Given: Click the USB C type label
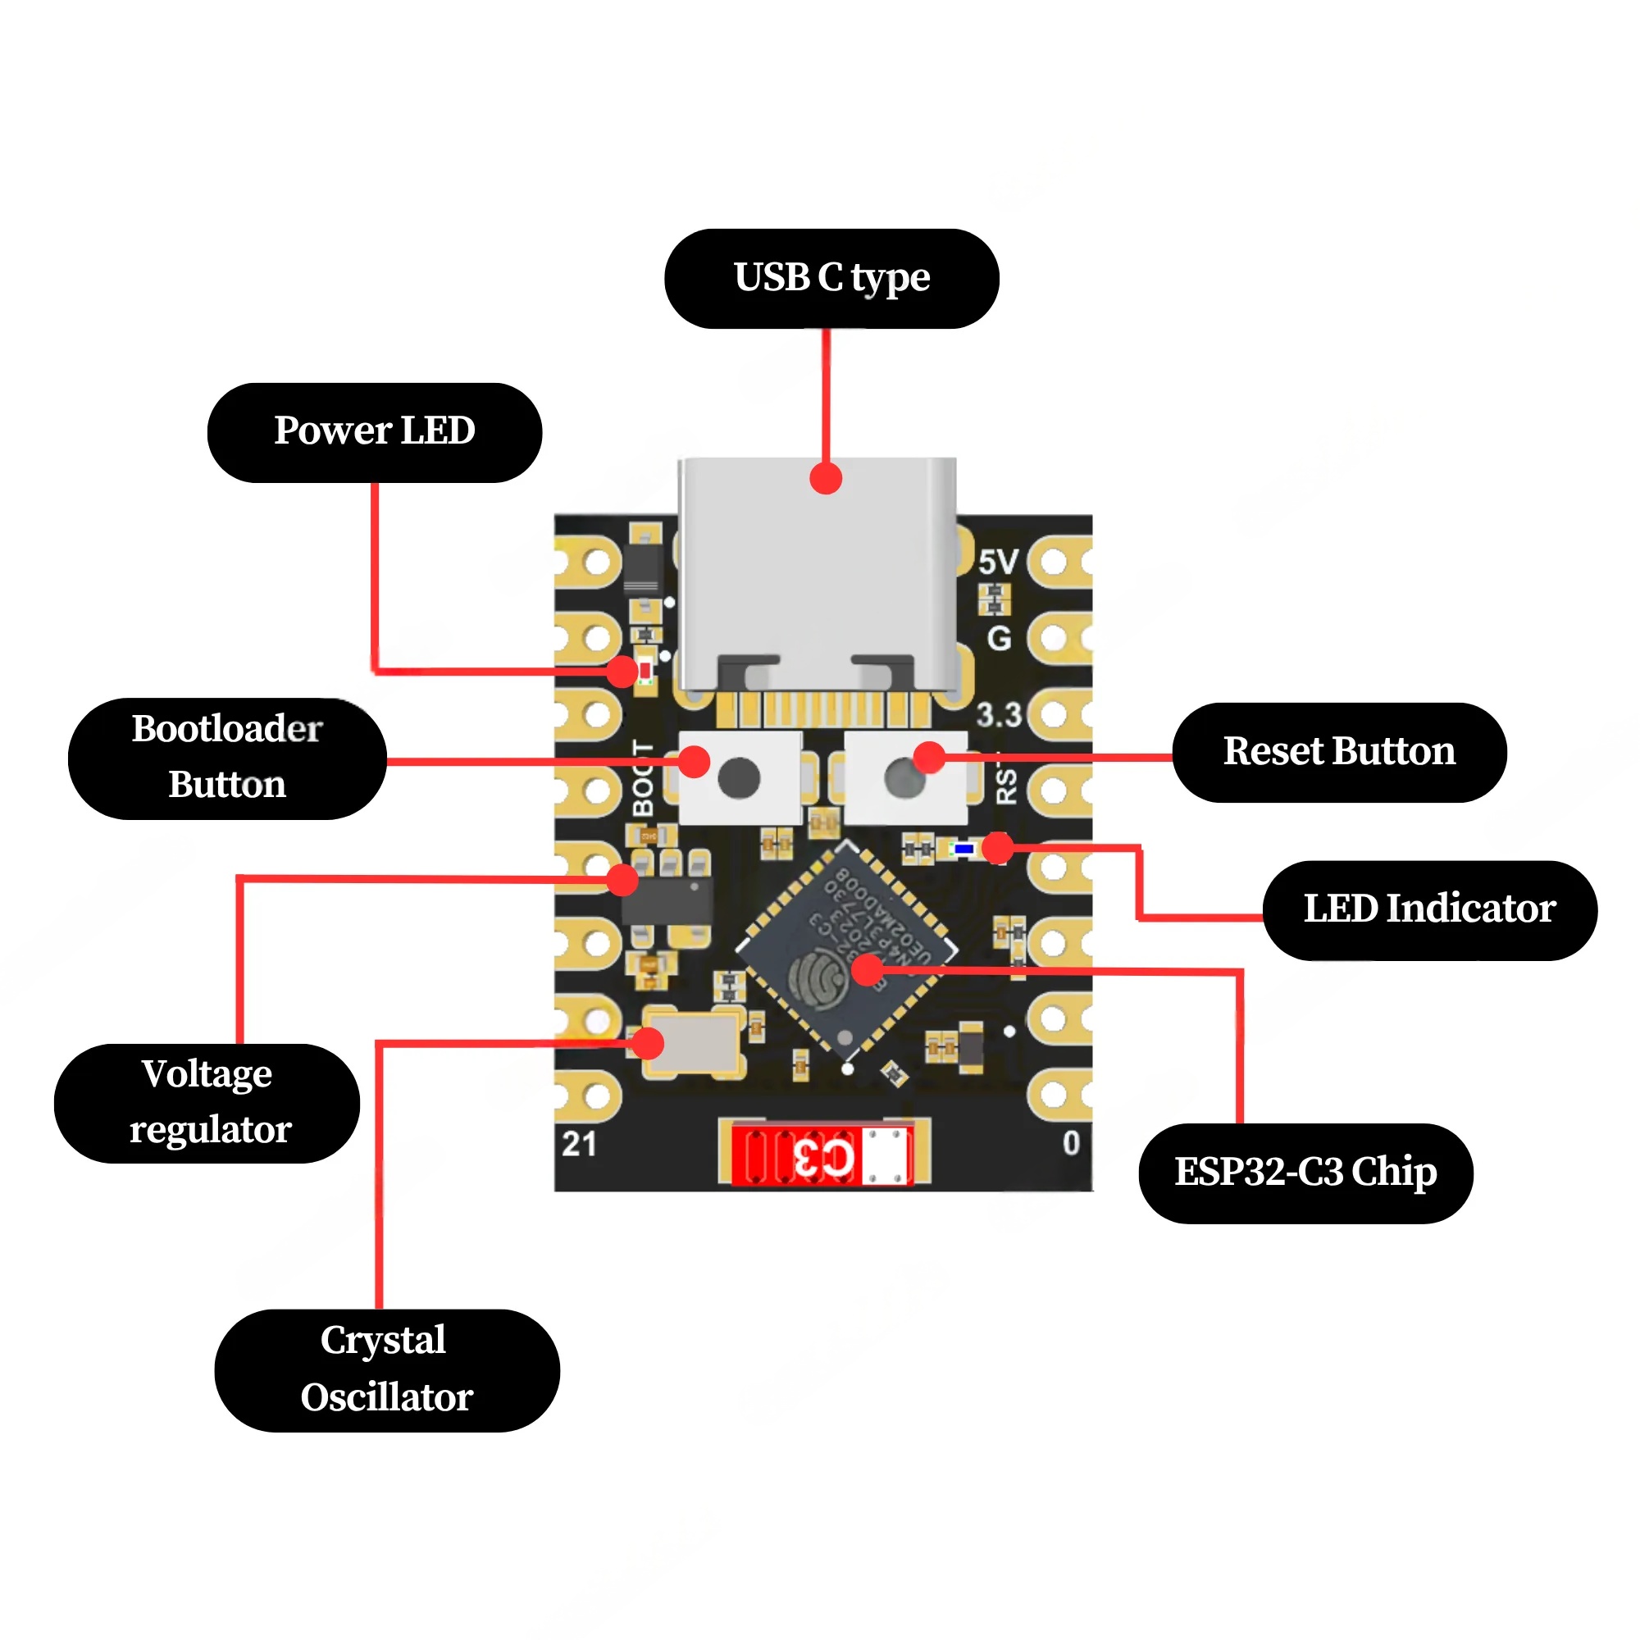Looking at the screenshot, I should pos(831,279).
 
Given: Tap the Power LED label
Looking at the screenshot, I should pos(375,432).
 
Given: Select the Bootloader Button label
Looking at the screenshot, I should pos(227,758).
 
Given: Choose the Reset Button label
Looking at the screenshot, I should pos(1339,752).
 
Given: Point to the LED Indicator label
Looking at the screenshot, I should pos(1429,910).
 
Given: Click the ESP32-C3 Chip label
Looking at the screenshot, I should pos(1305,1173).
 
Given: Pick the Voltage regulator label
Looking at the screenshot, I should pos(207,1103).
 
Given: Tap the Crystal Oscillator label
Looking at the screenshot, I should pos(386,1370).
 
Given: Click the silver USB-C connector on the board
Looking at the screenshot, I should pos(818,569).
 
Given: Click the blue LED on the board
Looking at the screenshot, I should pos(963,848).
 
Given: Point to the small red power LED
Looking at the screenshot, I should pos(646,672).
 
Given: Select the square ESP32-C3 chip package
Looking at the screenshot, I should pos(846,950).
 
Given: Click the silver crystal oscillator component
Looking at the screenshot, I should pos(691,1042).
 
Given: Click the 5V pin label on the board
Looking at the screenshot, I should pos(997,562).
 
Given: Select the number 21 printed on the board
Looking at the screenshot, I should pos(579,1144).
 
